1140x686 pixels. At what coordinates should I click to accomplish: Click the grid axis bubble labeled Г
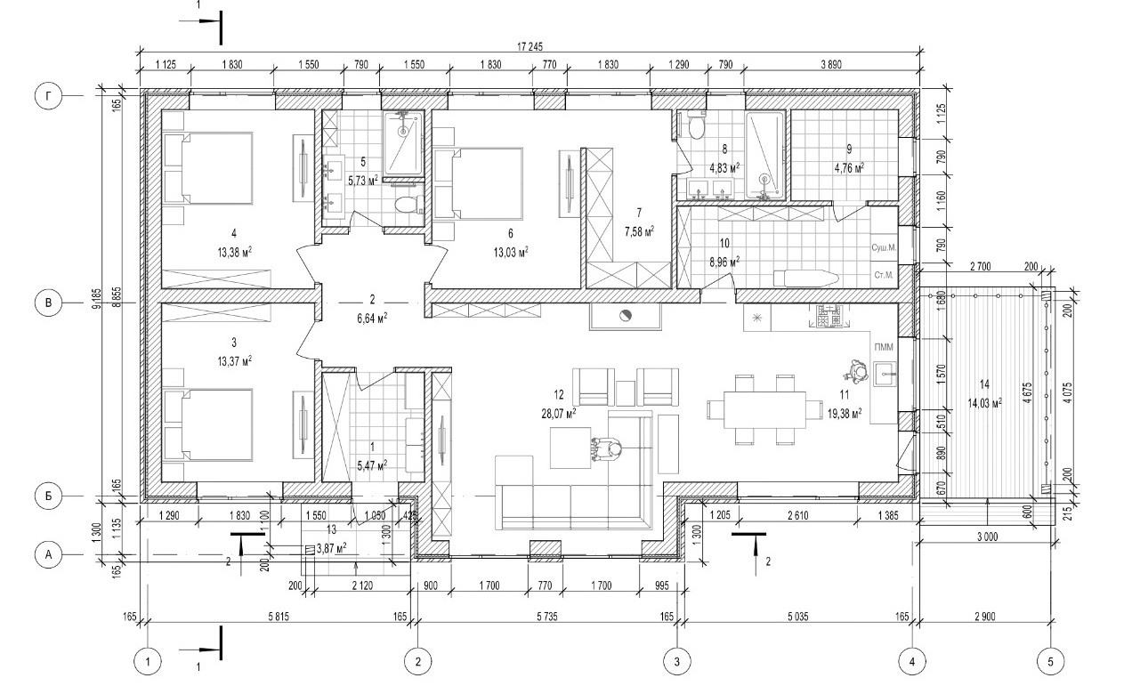tap(49, 95)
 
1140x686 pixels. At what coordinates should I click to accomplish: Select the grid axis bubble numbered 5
tap(1050, 661)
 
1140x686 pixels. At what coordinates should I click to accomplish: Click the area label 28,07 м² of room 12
tap(559, 412)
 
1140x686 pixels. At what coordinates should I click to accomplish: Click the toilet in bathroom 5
tap(407, 203)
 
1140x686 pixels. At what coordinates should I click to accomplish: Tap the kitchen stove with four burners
tap(829, 316)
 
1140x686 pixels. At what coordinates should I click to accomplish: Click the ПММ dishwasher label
tap(884, 346)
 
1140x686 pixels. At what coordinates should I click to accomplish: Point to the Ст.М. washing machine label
tap(885, 276)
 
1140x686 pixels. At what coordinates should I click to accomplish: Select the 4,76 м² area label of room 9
tap(849, 166)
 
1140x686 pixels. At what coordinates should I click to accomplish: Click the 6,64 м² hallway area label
tap(372, 315)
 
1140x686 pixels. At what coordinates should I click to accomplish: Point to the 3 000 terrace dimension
tap(987, 537)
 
